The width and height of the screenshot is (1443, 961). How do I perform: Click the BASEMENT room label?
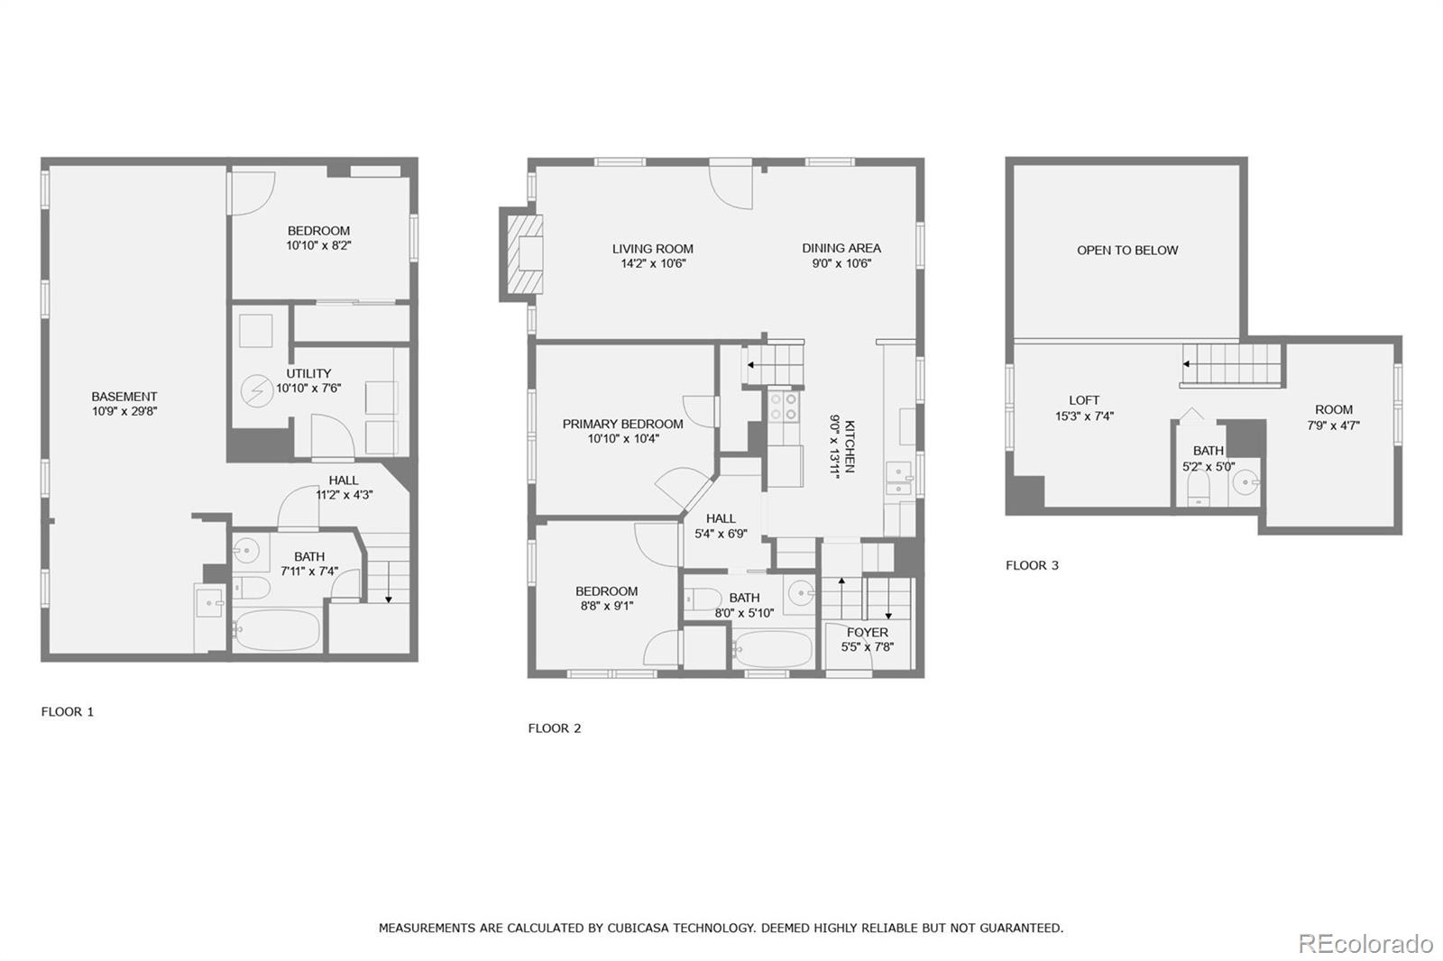pyautogui.click(x=124, y=397)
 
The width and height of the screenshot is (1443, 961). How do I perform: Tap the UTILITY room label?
pyautogui.click(x=308, y=373)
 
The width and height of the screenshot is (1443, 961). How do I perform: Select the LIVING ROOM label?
pyautogui.click(x=653, y=249)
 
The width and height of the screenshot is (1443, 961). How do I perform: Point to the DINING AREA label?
pyautogui.click(x=841, y=248)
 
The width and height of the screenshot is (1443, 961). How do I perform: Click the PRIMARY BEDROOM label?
pyautogui.click(x=623, y=424)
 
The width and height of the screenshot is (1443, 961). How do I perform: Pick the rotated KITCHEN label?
pyautogui.click(x=850, y=446)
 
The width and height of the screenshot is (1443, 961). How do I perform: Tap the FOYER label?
pyautogui.click(x=867, y=633)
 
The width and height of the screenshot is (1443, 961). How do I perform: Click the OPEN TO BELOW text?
pyautogui.click(x=1127, y=250)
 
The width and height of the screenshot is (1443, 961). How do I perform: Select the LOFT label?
pyautogui.click(x=1084, y=400)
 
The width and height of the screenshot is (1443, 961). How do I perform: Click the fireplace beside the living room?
pyautogui.click(x=524, y=254)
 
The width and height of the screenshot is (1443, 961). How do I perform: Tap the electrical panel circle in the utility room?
pyautogui.click(x=257, y=391)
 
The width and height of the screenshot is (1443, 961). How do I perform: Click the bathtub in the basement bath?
pyautogui.click(x=277, y=630)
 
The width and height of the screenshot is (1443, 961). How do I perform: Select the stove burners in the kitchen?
pyautogui.click(x=784, y=407)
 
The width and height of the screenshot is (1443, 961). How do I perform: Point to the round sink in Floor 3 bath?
pyautogui.click(x=1245, y=481)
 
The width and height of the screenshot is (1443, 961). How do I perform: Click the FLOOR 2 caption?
pyautogui.click(x=555, y=728)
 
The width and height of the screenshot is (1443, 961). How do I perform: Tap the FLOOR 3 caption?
pyautogui.click(x=1032, y=565)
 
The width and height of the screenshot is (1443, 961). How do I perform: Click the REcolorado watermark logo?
pyautogui.click(x=1365, y=944)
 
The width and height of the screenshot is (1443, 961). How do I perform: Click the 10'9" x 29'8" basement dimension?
pyautogui.click(x=124, y=412)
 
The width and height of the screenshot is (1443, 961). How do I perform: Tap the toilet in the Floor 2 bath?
pyautogui.click(x=703, y=599)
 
